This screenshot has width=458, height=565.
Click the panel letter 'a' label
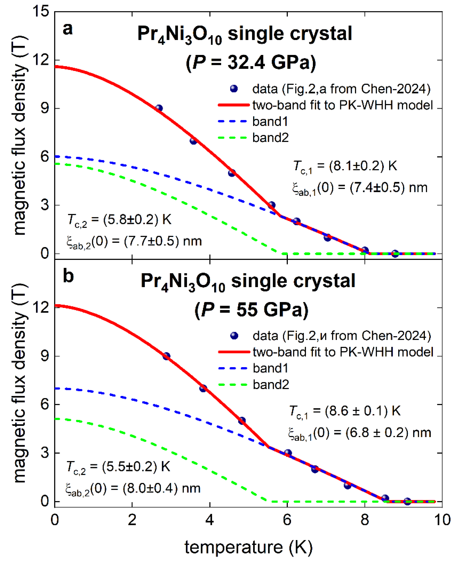[x=67, y=29]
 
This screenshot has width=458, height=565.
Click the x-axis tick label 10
[x=442, y=520]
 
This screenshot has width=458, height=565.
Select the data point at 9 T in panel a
[x=159, y=108]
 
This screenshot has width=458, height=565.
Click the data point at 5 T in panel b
[x=242, y=421]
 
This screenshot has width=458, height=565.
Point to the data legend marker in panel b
[x=234, y=336]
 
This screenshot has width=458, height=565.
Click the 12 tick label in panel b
[x=41, y=307]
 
